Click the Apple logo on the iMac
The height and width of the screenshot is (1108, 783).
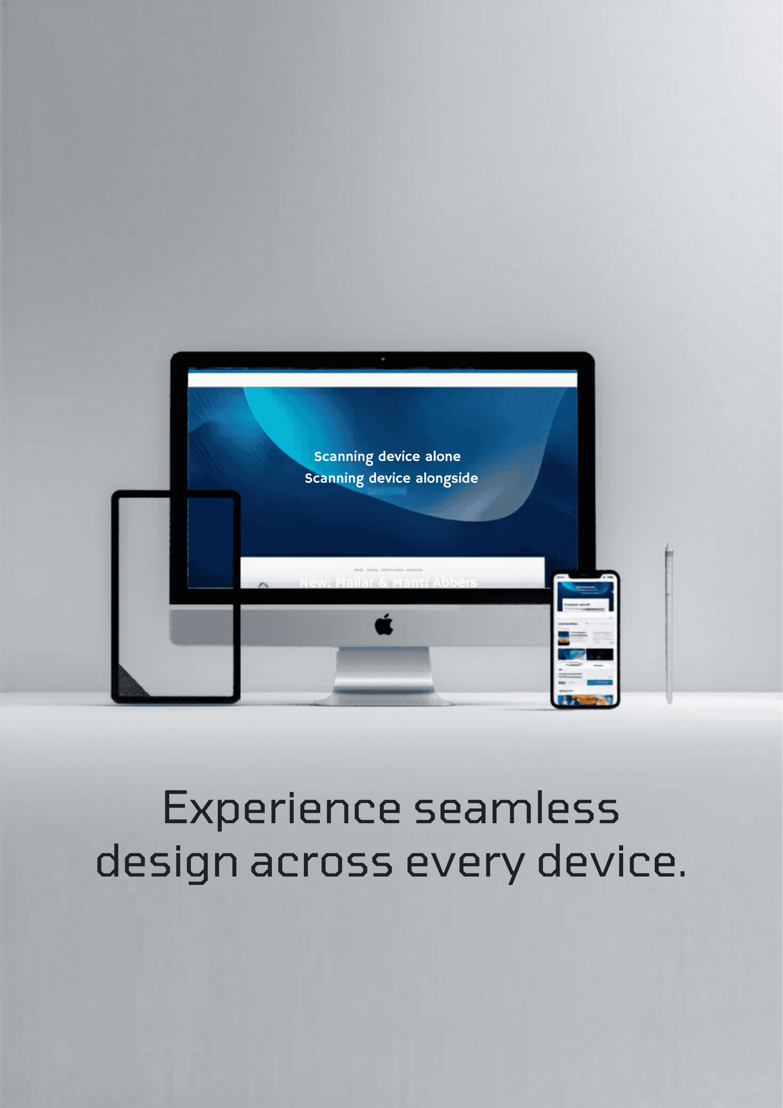[384, 625]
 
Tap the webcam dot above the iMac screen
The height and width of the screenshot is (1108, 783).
[383, 359]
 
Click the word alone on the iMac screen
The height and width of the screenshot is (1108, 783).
[443, 457]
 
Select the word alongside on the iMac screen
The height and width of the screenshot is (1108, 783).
[447, 478]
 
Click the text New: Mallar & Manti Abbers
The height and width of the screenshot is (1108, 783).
[388, 582]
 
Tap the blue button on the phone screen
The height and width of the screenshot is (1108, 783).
[599, 682]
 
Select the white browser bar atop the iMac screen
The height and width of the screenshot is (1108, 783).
[382, 380]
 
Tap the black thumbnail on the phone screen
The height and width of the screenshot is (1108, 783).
[599, 654]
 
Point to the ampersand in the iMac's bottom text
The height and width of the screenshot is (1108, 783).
[383, 583]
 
